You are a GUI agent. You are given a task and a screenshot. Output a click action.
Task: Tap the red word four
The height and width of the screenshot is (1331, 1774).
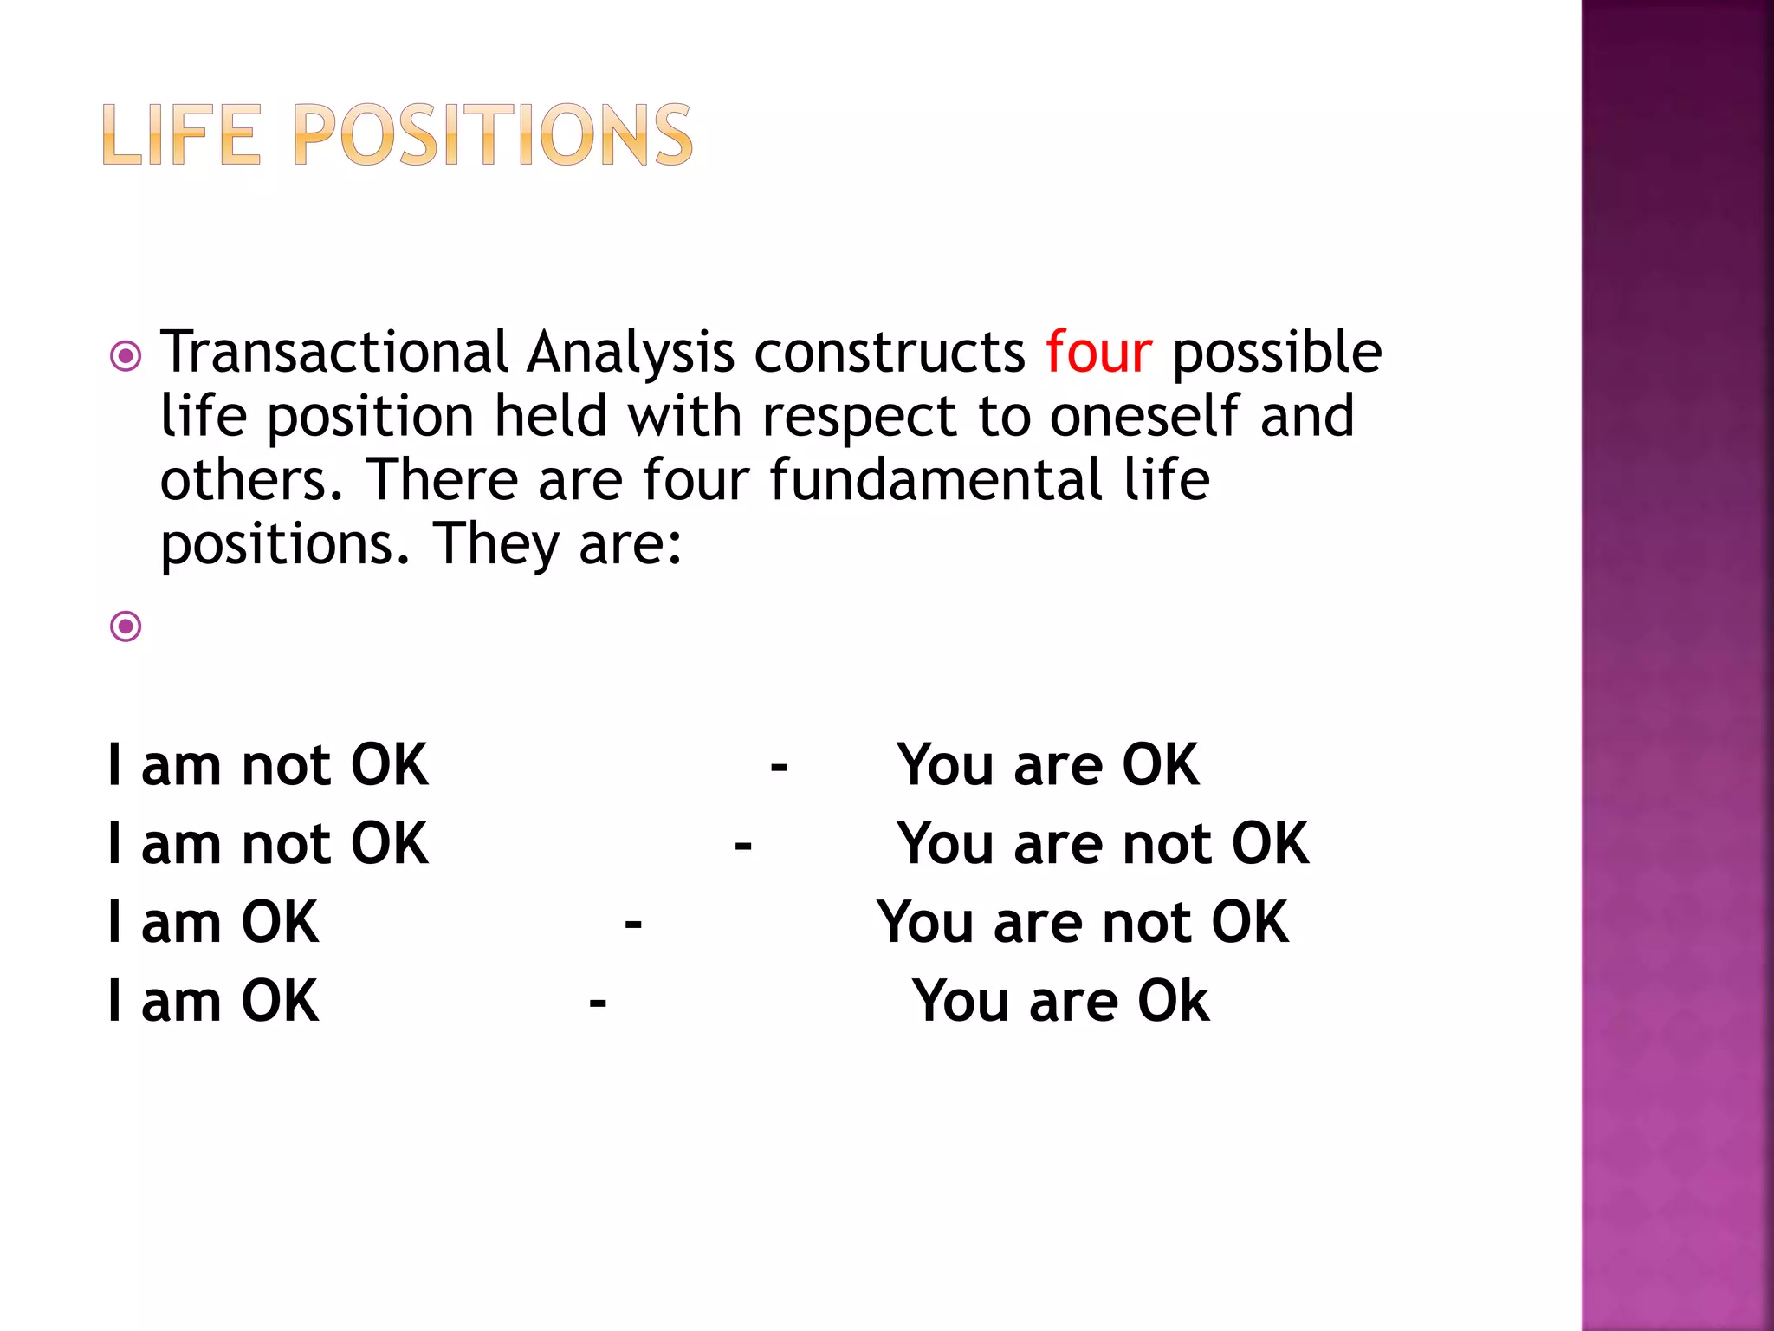1098,352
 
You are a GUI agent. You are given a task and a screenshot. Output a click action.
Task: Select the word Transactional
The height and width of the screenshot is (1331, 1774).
334,352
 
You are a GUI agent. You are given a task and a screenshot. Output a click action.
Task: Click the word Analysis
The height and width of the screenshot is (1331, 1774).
631,354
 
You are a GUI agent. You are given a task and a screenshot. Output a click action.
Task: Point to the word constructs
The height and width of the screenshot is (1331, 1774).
890,352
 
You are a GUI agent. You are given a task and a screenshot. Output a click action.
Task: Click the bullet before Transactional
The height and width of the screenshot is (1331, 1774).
126,356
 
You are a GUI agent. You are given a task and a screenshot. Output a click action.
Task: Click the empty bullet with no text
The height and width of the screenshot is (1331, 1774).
126,626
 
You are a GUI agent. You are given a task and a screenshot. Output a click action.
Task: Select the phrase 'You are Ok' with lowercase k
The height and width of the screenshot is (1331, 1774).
1060,1001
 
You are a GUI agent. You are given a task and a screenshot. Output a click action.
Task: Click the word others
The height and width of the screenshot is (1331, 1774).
252,480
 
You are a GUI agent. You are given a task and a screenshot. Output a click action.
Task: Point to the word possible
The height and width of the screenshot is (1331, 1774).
1277,354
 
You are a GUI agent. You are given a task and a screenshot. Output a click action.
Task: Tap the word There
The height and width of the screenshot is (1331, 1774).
441,480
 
